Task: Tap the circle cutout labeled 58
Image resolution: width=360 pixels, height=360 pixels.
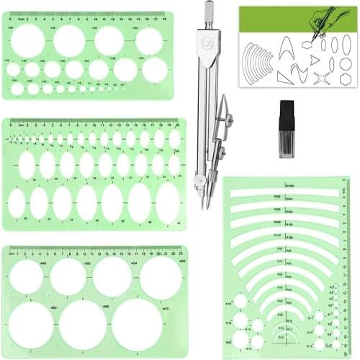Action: click(160, 277)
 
